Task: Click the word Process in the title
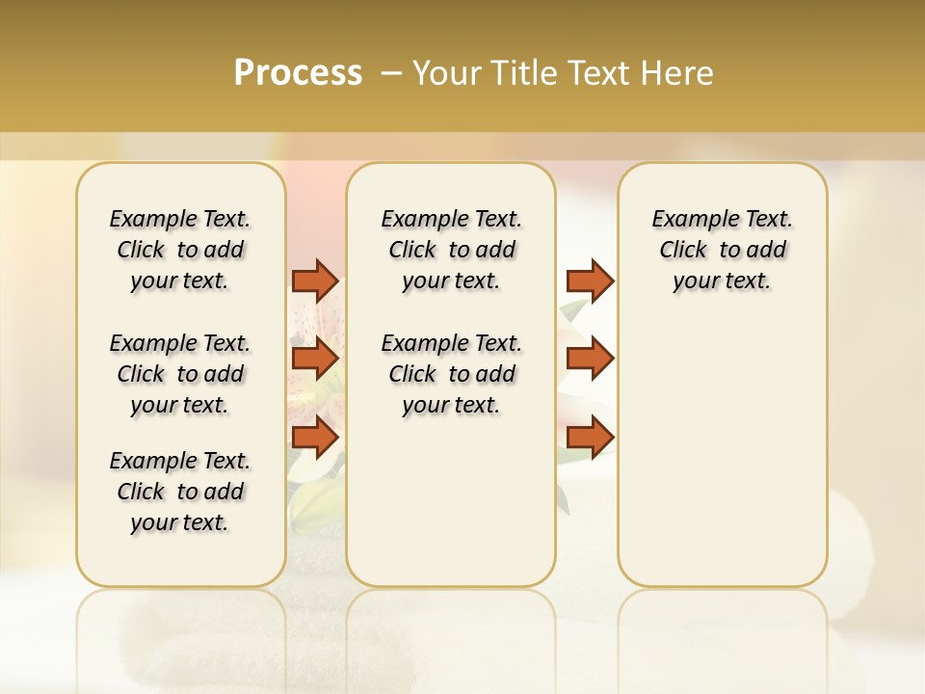click(298, 73)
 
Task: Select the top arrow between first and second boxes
click(315, 280)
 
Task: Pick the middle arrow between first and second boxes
click(315, 359)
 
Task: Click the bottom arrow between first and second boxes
click(315, 437)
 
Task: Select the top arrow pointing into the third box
click(590, 280)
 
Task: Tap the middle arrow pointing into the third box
click(590, 359)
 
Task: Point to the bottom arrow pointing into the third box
click(590, 437)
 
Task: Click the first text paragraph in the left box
click(180, 250)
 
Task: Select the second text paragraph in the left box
click(180, 374)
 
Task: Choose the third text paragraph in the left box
click(180, 492)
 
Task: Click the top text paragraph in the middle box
click(451, 250)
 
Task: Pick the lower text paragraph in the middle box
click(451, 374)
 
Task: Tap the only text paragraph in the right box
click(722, 250)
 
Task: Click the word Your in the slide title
click(445, 73)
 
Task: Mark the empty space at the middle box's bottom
click(451, 511)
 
